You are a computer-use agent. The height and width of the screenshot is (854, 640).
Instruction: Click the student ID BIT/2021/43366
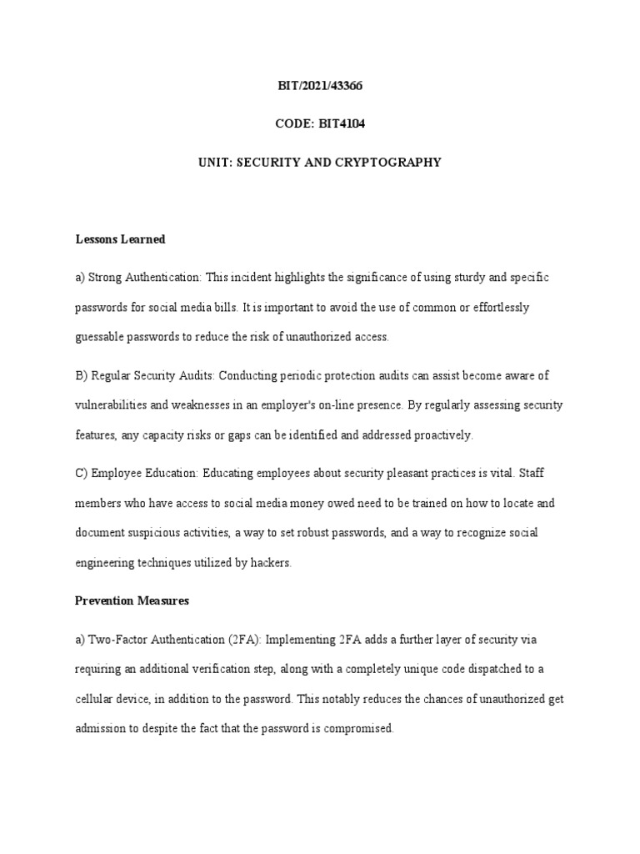click(320, 86)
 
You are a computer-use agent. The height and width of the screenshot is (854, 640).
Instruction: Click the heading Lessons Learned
click(120, 239)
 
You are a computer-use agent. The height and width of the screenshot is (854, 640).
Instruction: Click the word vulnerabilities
click(108, 405)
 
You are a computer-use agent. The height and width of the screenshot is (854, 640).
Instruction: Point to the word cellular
click(97, 700)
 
